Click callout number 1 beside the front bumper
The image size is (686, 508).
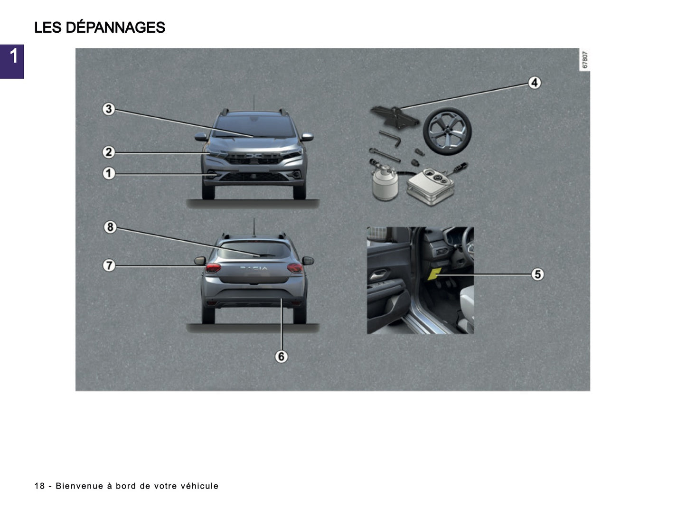(109, 173)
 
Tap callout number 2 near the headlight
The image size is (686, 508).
(109, 152)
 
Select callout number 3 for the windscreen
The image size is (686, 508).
(109, 109)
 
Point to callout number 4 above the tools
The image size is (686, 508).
(535, 83)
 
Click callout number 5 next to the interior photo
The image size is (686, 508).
(537, 274)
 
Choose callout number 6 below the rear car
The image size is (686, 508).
(281, 357)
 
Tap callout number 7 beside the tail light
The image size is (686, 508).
(109, 265)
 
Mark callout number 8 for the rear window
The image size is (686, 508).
(110, 227)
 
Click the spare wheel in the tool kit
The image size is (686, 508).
(447, 130)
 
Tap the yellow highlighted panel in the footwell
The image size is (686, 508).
(435, 274)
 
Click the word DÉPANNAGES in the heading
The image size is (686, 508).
(115, 28)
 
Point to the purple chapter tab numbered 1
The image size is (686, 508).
(12, 61)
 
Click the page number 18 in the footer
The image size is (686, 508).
(39, 486)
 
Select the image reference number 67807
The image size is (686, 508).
(585, 60)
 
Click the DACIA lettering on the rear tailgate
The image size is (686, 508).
(254, 269)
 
